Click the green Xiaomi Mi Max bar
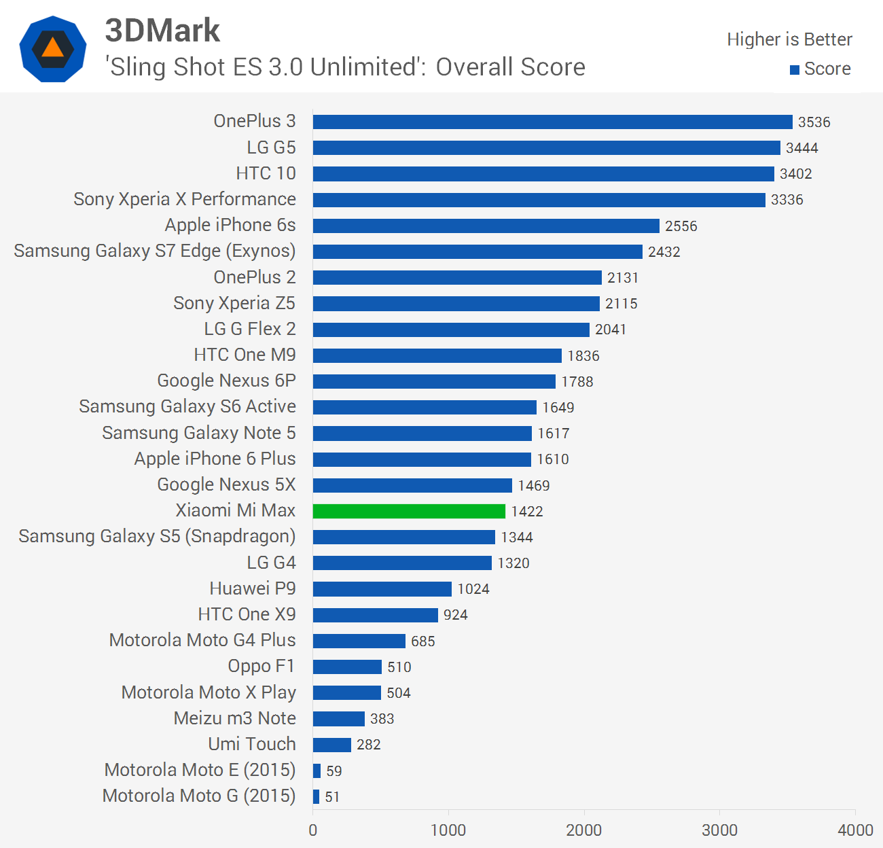click(409, 511)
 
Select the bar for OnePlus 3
click(552, 122)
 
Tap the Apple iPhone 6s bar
click(486, 226)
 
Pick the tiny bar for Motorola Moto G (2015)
click(316, 796)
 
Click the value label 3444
click(801, 148)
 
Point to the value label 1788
click(577, 382)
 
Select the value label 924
click(455, 615)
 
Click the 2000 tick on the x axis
click(583, 830)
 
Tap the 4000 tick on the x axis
click(854, 830)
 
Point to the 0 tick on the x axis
click(312, 830)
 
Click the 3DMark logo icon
click(53, 49)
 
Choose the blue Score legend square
click(794, 69)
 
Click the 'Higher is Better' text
click(789, 39)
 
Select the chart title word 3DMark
click(162, 30)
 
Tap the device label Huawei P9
click(252, 588)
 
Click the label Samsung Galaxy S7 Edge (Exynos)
click(154, 251)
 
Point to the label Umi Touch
click(251, 744)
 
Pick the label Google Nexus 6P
click(226, 381)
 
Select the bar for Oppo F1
click(347, 667)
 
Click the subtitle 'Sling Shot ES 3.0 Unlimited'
click(344, 67)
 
